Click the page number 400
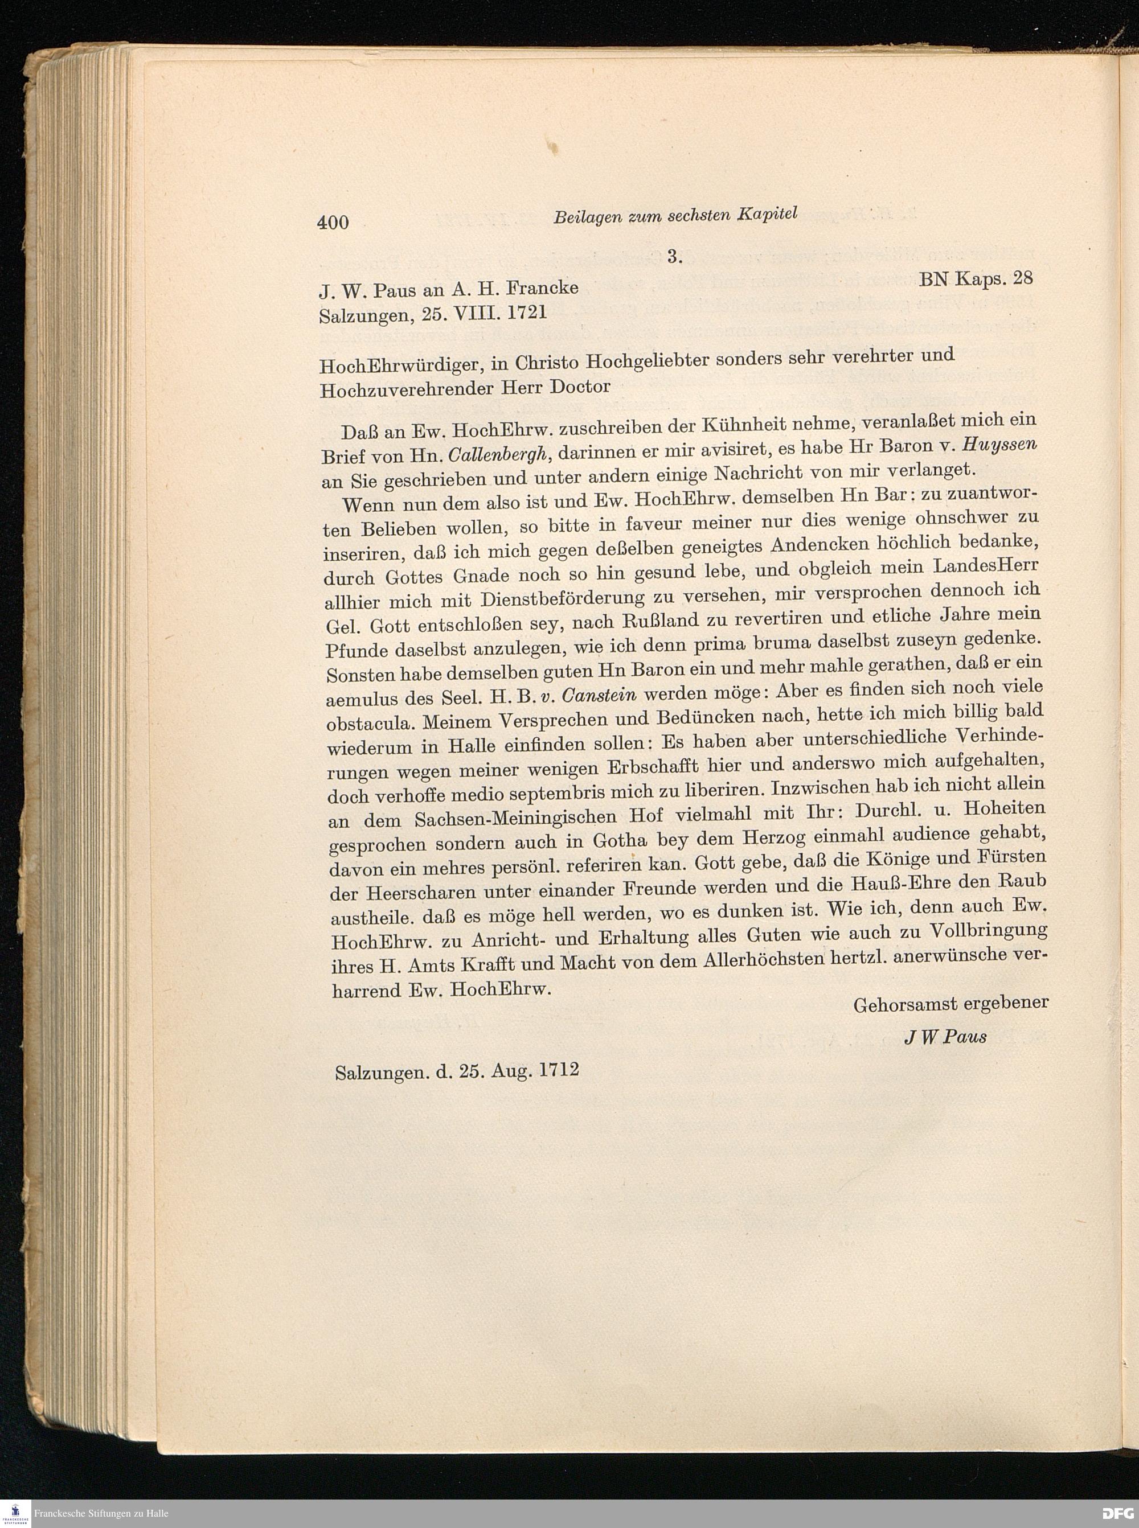pyautogui.click(x=333, y=221)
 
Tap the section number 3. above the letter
pyautogui.click(x=674, y=257)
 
